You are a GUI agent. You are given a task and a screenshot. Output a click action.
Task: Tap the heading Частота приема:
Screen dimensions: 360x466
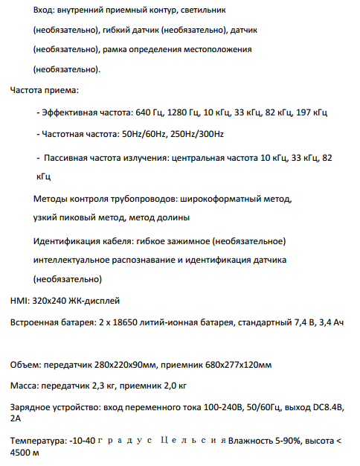tap(44, 90)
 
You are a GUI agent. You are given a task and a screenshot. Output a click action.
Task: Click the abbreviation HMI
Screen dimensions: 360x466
tap(19, 301)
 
